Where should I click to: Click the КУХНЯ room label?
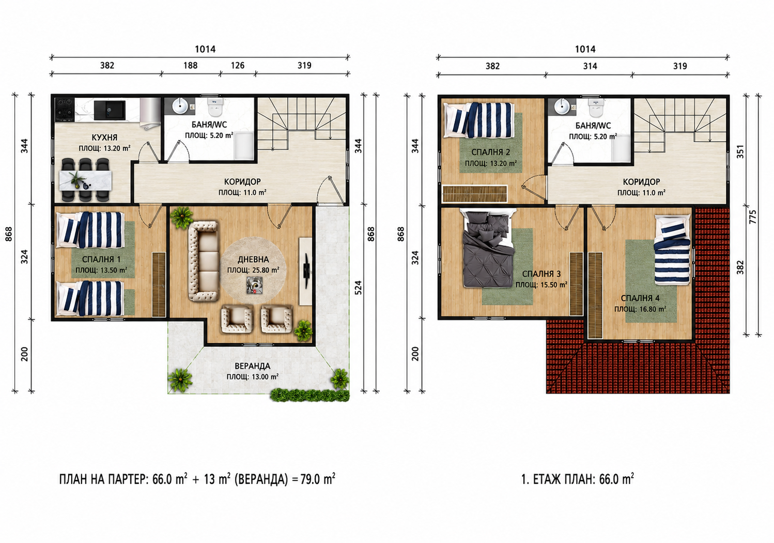[105, 138]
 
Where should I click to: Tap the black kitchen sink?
[110, 110]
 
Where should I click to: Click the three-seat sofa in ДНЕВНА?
[203, 261]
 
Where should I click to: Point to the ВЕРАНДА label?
[253, 366]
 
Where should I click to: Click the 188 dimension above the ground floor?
[190, 65]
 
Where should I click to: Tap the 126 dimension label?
[238, 65]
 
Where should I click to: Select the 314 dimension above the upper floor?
[590, 66]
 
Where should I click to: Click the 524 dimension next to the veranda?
[358, 288]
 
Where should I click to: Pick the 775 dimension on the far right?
[753, 217]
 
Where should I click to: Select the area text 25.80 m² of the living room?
[266, 270]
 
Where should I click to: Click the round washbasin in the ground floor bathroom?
[180, 106]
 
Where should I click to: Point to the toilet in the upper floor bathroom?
[596, 108]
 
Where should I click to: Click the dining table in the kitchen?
[86, 180]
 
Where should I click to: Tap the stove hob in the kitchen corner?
[65, 110]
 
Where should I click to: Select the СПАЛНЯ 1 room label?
[101, 260]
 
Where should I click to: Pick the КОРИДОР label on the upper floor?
[641, 182]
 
